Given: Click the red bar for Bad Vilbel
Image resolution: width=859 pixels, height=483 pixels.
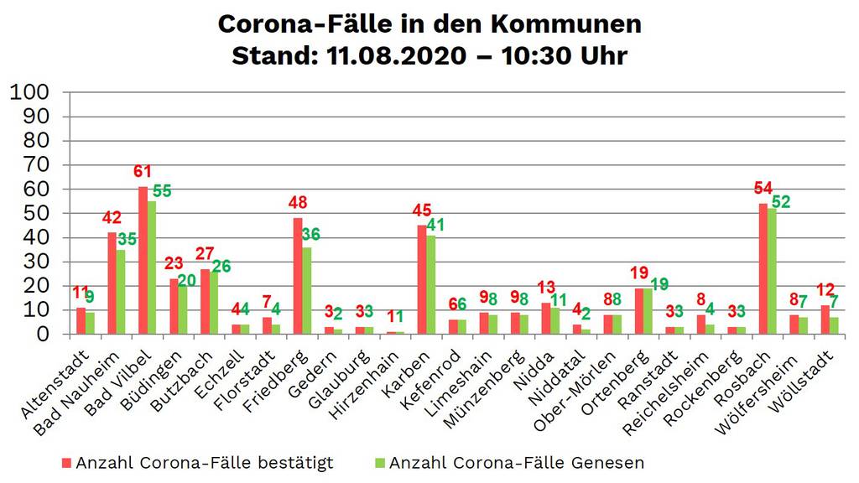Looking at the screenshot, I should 143,260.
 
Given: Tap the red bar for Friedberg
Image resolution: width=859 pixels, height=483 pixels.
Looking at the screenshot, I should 298,276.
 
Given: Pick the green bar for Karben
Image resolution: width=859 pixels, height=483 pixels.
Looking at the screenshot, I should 431,284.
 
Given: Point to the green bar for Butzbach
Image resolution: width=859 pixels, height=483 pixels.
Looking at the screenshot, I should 214,303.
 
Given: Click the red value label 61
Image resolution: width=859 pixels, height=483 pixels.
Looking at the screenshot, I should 142,172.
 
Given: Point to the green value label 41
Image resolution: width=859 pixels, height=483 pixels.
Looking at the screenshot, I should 435,225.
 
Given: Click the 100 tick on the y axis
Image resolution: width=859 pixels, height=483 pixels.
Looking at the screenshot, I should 30,91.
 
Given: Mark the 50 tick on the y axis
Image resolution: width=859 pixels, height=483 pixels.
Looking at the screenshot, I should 38,213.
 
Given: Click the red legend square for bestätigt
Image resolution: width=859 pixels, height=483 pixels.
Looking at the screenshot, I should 66,463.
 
